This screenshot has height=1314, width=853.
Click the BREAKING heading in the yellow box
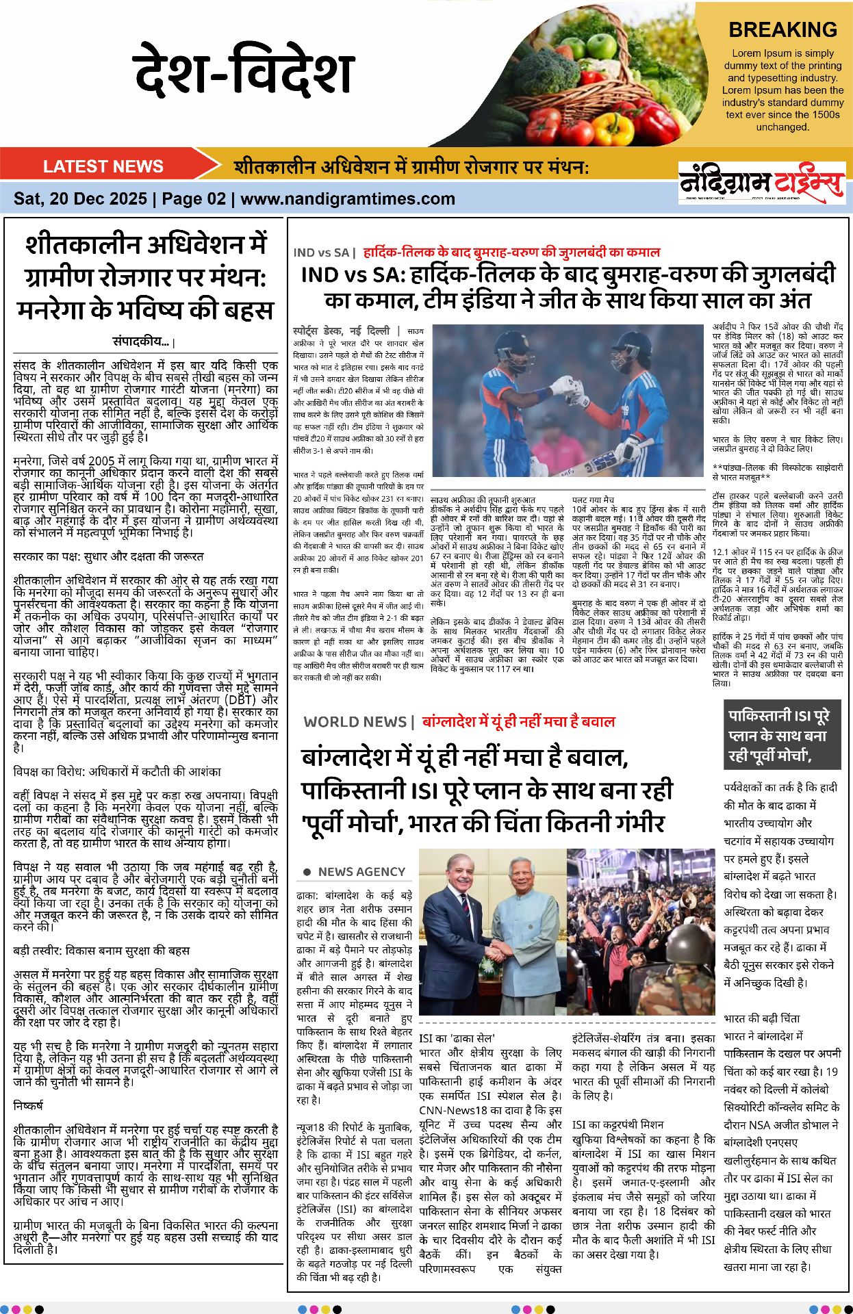click(782, 30)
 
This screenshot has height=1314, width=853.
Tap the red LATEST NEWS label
click(103, 166)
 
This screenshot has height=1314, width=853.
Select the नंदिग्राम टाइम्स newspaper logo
click(761, 183)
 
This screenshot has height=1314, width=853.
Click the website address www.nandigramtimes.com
click(348, 199)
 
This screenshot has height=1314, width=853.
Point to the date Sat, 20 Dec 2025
click(80, 199)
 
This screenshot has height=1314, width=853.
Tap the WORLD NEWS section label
click(355, 721)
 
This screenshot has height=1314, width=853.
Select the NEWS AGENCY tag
click(361, 872)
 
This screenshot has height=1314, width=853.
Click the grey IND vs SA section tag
click(321, 253)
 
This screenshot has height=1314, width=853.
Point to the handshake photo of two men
click(492, 931)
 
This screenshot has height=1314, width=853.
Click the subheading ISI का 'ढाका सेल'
click(457, 1038)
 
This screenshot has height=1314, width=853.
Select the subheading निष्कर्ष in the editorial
click(28, 1105)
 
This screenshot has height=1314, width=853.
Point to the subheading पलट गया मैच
click(594, 500)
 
